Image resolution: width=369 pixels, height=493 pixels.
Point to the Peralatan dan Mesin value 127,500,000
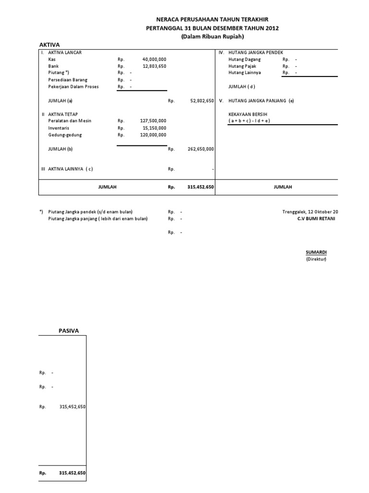pos(153,121)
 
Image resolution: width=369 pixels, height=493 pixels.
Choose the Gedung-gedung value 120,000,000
pos(153,135)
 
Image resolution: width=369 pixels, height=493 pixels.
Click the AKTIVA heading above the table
pos(49,44)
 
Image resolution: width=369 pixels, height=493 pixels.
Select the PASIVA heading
pos(69,330)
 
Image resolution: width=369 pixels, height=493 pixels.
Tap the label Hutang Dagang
pos(244,59)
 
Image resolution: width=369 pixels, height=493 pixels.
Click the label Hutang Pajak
pos(243,66)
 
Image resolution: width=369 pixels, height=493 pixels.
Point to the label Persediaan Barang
pos(68,79)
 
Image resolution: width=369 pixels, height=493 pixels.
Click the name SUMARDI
pos(316,252)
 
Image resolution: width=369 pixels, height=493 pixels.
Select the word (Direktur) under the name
pos(316,259)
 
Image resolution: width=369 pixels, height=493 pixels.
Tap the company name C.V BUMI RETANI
pos(316,219)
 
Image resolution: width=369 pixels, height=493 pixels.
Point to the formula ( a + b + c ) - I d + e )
pos(249,120)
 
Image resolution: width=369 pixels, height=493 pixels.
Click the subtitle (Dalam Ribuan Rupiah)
pos(212,37)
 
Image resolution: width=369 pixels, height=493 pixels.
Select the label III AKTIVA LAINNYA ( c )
pos(67,169)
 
